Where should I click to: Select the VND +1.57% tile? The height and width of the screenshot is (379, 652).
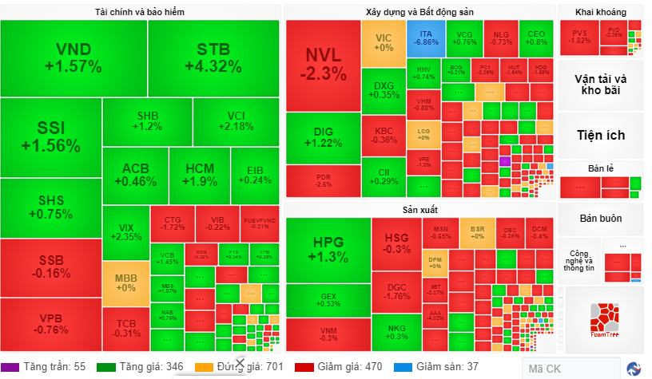coord(73,58)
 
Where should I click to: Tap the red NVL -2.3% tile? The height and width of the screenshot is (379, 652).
coord(323,65)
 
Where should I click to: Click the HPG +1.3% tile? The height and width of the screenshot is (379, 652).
coord(328,250)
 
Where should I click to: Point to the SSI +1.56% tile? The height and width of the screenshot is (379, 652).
coord(50,137)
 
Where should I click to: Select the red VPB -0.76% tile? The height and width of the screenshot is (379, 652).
coord(50,324)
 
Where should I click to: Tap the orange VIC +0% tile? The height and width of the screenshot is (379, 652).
coord(384,42)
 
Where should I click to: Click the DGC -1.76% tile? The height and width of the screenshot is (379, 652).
coord(396,292)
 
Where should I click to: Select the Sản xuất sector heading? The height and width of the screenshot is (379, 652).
coord(419,209)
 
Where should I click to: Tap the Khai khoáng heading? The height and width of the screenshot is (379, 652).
coord(600,12)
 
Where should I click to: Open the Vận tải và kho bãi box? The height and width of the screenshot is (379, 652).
coord(600,85)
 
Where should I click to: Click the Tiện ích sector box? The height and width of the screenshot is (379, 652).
coord(600,135)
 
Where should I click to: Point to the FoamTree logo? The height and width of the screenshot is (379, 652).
coord(604,320)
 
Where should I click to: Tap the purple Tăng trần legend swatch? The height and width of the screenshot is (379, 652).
coord(10,367)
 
